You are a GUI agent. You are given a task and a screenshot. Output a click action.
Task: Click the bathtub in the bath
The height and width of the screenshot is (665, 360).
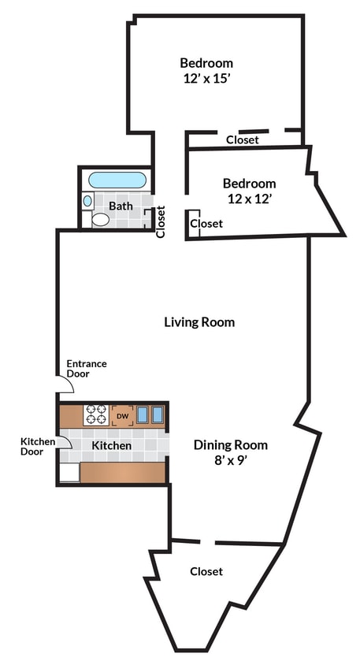tap(117, 180)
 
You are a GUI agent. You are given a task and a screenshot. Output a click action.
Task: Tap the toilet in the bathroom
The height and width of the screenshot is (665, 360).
tap(100, 218)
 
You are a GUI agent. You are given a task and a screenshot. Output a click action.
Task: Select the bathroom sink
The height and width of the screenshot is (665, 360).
tap(87, 201)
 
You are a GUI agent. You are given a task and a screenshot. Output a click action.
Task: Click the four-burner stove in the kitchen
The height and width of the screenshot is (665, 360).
tap(96, 414)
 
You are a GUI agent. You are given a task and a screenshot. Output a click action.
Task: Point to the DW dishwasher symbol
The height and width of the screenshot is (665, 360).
tap(122, 415)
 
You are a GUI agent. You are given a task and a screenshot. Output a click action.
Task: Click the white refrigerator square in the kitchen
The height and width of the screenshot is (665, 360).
tap(69, 472)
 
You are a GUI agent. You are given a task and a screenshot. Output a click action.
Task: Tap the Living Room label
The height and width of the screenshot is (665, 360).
tap(199, 321)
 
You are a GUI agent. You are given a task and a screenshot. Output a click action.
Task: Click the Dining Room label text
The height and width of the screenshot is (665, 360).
tap(231, 444)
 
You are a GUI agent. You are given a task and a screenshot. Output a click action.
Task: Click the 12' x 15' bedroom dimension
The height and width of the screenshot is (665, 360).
tap(206, 78)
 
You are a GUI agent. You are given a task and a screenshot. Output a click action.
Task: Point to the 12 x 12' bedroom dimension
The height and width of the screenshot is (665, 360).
tap(249, 199)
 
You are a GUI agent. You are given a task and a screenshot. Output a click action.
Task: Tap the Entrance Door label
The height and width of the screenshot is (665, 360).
tap(86, 369)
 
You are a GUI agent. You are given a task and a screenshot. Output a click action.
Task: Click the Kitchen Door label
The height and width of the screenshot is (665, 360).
tap(38, 447)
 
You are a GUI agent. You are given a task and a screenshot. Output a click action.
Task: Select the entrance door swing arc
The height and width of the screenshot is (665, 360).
tap(66, 385)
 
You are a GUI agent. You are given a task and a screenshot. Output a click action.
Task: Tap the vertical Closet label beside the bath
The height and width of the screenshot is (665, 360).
tap(161, 221)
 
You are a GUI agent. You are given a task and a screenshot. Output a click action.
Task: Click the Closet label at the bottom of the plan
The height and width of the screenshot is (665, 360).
tap(206, 571)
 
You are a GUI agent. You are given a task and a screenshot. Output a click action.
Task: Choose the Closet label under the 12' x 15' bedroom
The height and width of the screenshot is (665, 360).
tap(243, 139)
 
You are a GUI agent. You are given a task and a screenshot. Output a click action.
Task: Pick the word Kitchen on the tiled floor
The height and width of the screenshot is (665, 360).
tap(112, 446)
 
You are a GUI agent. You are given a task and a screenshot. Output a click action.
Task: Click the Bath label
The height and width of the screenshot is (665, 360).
tap(121, 206)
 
